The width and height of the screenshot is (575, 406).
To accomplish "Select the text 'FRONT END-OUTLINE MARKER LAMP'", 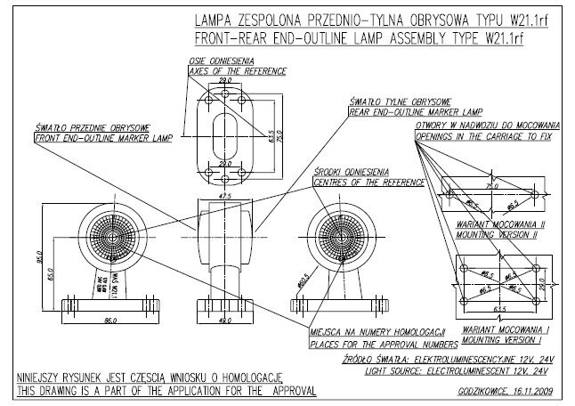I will (93, 139).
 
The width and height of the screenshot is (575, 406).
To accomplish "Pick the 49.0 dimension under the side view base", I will (224, 318).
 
